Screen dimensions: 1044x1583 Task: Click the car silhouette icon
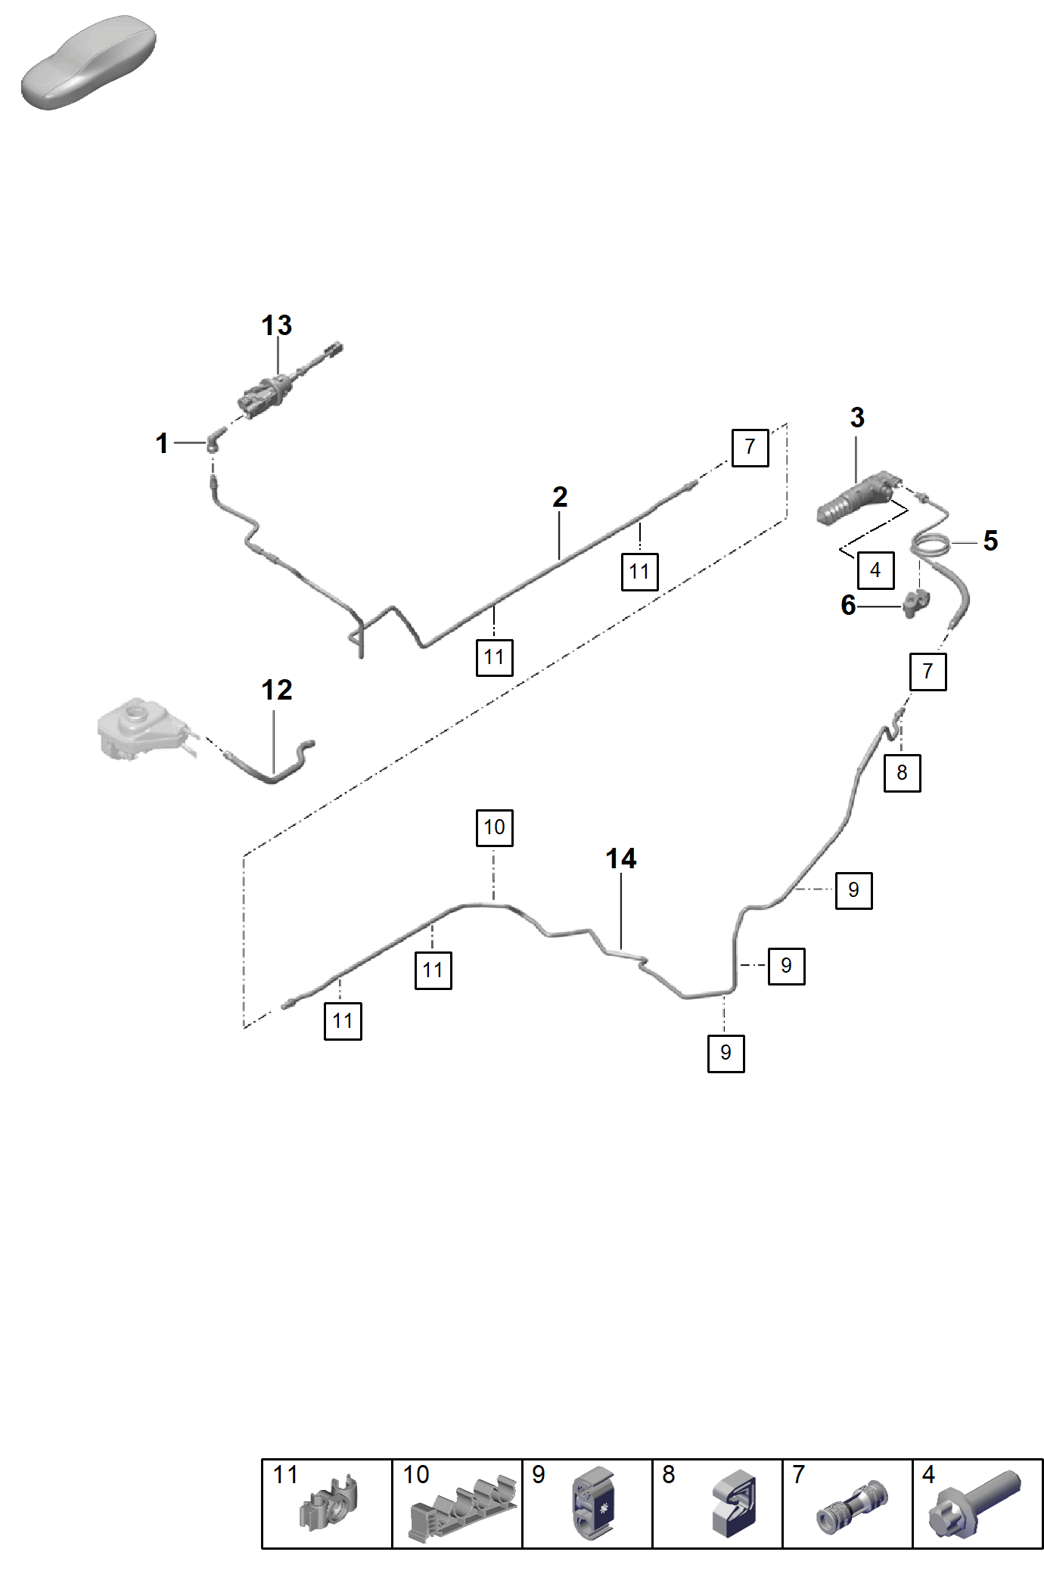[x=89, y=62]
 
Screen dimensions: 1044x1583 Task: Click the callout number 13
[x=277, y=326]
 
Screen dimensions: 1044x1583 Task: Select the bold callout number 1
[x=162, y=443]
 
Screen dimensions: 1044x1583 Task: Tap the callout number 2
[x=560, y=497]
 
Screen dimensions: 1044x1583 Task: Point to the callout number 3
[x=857, y=417]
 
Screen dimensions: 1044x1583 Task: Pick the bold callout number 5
[x=990, y=541]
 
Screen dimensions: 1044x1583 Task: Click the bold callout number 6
[x=848, y=605]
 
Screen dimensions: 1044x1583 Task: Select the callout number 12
[x=277, y=690]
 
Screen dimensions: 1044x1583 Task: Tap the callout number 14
[x=621, y=858]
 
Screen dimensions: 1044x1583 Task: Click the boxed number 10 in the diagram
[x=495, y=827]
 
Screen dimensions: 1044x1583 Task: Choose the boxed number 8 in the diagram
[x=902, y=773]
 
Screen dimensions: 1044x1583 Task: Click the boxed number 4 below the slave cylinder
[x=875, y=570]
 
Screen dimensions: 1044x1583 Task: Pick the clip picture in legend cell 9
[x=594, y=1504]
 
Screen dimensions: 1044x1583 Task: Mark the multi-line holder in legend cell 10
[x=462, y=1507]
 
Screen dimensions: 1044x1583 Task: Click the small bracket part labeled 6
[x=915, y=603]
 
